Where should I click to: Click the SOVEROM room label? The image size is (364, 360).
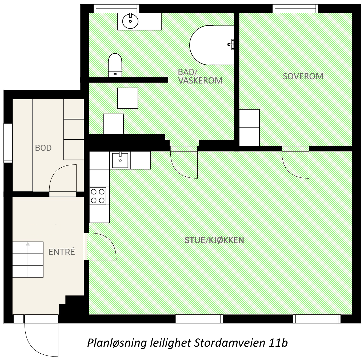point(303,76)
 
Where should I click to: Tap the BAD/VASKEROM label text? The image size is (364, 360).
point(200,76)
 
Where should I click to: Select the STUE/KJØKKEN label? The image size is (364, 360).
point(214,240)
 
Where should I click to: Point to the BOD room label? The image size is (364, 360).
point(43,148)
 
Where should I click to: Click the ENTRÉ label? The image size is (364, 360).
point(62,252)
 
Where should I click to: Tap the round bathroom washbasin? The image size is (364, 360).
point(130,21)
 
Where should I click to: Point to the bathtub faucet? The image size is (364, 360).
point(231,44)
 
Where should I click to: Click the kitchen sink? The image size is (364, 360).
point(120,160)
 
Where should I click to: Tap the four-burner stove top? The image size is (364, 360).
point(98,196)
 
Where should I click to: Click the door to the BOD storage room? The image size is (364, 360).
point(63,179)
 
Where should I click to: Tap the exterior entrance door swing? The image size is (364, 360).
point(41,339)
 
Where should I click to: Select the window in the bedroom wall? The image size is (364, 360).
point(295,9)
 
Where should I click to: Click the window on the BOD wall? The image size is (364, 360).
point(8,143)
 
